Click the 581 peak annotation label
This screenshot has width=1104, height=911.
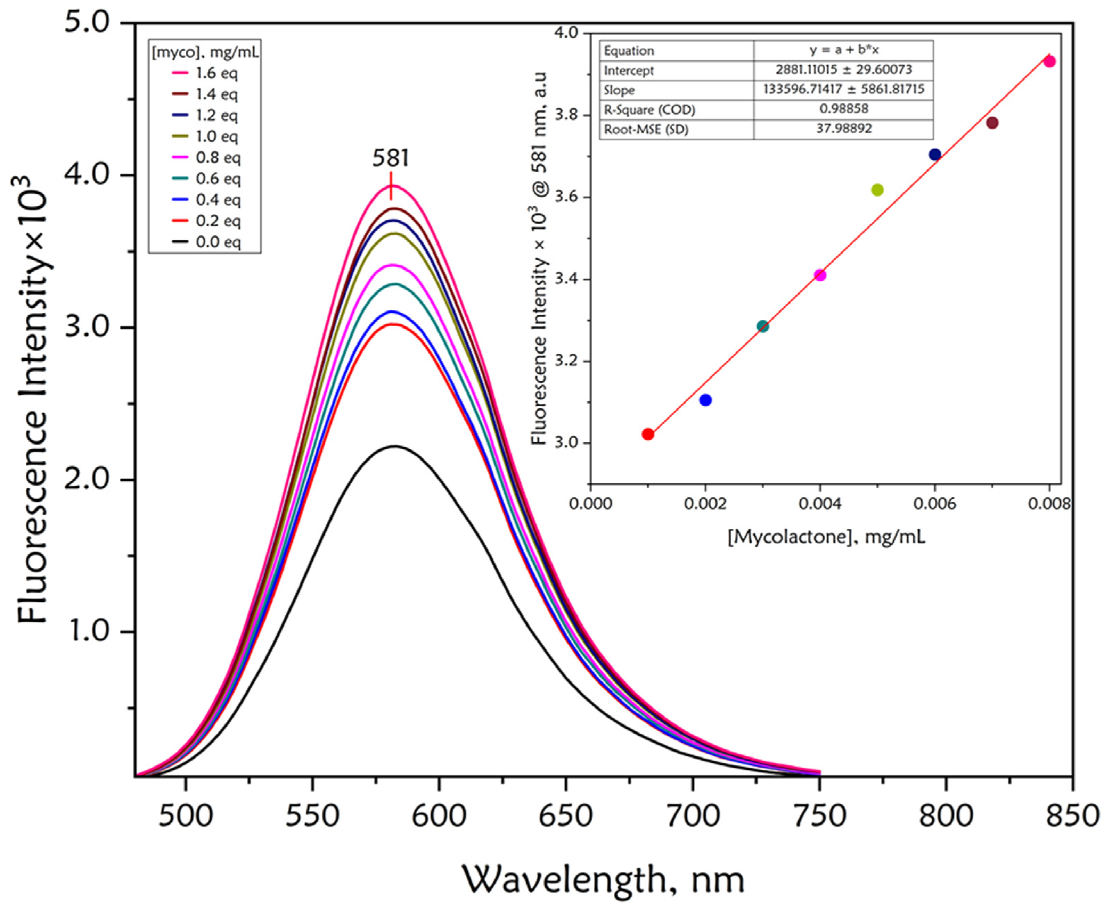(x=390, y=158)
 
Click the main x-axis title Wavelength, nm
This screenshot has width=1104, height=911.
(x=603, y=879)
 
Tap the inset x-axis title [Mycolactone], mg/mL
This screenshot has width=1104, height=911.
(x=826, y=537)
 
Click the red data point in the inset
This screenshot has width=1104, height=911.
(x=648, y=434)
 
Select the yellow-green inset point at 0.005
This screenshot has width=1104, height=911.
(x=877, y=190)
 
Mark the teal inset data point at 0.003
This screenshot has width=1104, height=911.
(x=763, y=326)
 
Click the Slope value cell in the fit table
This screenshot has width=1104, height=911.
(x=843, y=89)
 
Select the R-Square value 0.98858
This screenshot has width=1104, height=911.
(x=843, y=109)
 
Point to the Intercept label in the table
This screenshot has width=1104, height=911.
(x=628, y=70)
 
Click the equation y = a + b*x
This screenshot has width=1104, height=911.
(x=843, y=50)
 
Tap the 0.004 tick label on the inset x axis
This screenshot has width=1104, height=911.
(x=819, y=504)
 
